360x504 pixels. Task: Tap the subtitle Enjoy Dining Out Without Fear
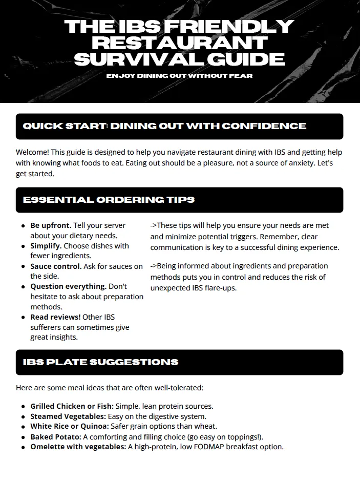coord(179,76)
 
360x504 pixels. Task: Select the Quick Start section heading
coord(164,126)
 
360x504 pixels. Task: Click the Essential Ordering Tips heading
coord(109,199)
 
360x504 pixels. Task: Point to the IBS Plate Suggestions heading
coord(100,362)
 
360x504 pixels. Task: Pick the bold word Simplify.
coord(47,246)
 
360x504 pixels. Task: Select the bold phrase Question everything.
coord(68,286)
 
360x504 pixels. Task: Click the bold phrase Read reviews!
coord(55,317)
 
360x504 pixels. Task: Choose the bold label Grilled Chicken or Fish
coord(72,406)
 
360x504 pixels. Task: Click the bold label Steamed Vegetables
coord(68,416)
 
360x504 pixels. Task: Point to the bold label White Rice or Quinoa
coord(69,426)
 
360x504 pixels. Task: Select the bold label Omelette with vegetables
coord(78,447)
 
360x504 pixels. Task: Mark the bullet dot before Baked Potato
coord(24,437)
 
